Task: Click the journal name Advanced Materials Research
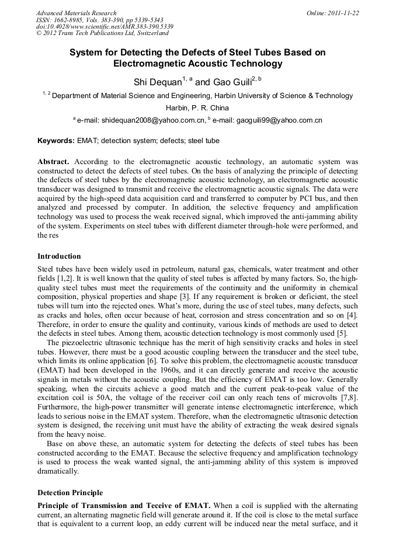click(76, 13)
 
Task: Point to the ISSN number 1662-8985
click(72, 20)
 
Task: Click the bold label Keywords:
click(56, 141)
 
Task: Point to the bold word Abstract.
click(53, 161)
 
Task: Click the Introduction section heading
click(59, 256)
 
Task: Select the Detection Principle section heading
click(70, 493)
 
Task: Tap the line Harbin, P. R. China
click(197, 108)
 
